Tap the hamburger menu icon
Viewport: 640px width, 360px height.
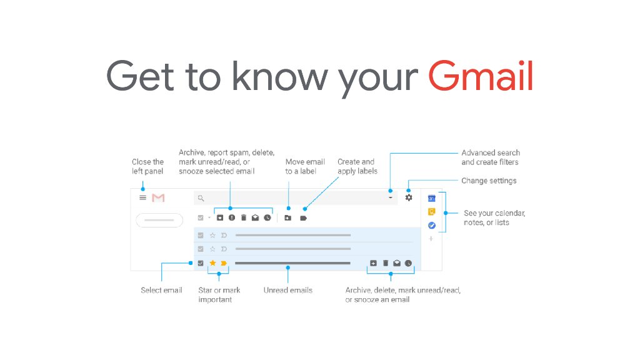point(142,197)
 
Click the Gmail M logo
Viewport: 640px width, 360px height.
point(158,197)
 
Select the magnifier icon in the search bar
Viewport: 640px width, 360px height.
point(201,198)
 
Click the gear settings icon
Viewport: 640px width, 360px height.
point(409,197)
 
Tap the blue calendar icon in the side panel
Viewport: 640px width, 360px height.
point(431,198)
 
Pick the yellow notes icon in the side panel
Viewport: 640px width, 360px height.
point(431,212)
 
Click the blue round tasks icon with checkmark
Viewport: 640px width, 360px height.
point(431,225)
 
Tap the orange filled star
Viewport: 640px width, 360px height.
point(212,263)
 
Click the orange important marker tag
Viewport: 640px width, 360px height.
point(224,263)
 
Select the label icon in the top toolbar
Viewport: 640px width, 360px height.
point(304,217)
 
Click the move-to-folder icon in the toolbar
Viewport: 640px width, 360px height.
point(287,217)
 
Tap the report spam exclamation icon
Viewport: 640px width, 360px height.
point(231,217)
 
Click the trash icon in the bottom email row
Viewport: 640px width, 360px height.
point(385,263)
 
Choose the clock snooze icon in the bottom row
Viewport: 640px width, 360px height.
point(408,263)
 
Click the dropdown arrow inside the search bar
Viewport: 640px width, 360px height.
point(391,198)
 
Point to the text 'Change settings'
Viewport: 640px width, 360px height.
point(489,181)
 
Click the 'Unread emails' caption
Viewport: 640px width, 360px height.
point(287,290)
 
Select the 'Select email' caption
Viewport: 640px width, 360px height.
point(161,290)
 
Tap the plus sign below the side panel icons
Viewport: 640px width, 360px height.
point(431,239)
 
